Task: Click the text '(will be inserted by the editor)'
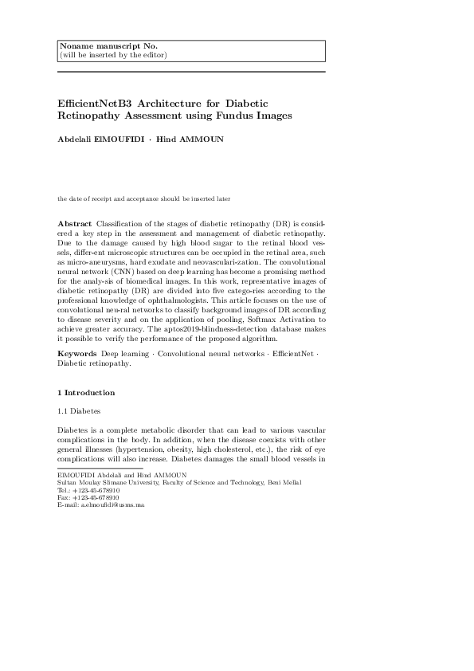pyautogui.click(x=113, y=55)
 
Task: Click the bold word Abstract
pyautogui.click(x=75, y=223)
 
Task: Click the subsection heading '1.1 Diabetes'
pyautogui.click(x=80, y=412)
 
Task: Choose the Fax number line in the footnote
pyautogui.click(x=88, y=497)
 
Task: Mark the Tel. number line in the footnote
pyautogui.click(x=88, y=490)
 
